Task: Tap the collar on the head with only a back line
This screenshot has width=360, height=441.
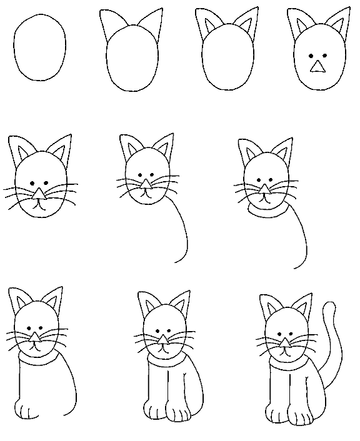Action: point(267,212)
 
